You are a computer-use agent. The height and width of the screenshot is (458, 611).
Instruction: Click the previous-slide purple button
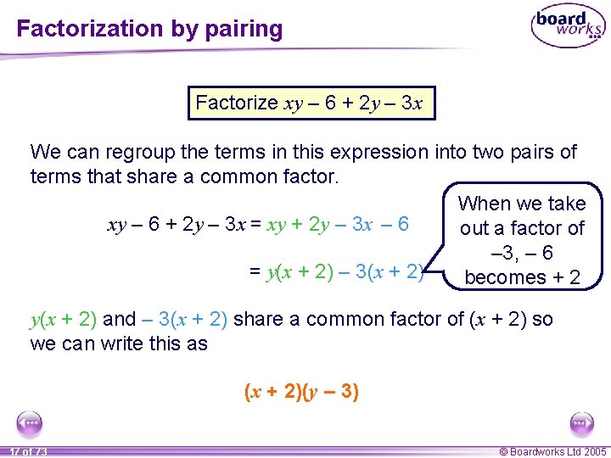(30, 423)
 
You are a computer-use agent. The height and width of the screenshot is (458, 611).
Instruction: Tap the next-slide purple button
(582, 423)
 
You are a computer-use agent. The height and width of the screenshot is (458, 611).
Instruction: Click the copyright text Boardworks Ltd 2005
(553, 452)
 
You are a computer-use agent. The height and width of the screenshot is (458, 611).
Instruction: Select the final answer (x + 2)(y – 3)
(301, 392)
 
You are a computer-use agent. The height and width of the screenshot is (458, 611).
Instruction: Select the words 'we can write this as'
(119, 343)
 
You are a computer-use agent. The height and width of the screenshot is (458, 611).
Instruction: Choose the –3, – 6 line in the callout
(522, 253)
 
